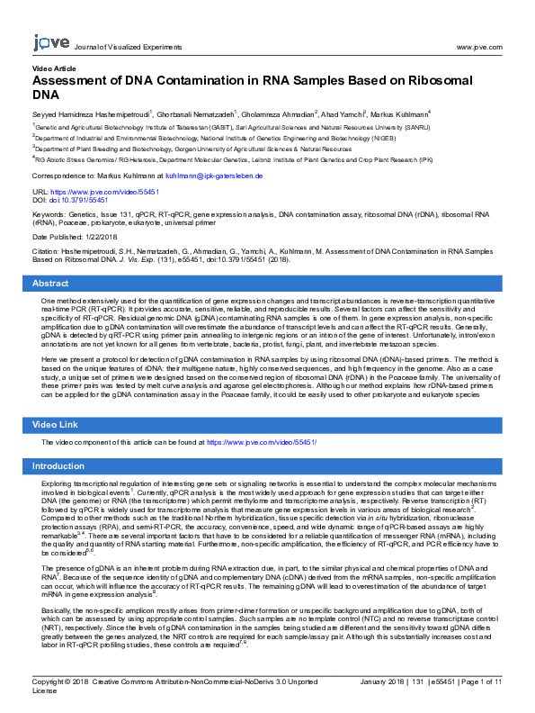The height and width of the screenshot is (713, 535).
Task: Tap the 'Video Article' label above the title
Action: [x=54, y=68]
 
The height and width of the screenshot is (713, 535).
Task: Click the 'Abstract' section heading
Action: [x=50, y=284]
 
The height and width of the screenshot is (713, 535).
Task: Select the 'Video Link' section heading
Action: [x=56, y=424]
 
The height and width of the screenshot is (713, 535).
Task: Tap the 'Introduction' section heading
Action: [x=58, y=466]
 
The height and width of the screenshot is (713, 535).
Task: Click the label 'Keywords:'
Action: [x=49, y=216]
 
